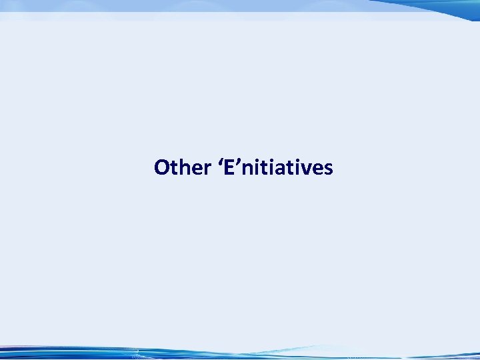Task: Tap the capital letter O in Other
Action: [160, 167]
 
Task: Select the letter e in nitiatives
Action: [313, 168]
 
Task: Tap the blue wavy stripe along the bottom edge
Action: [240, 353]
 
